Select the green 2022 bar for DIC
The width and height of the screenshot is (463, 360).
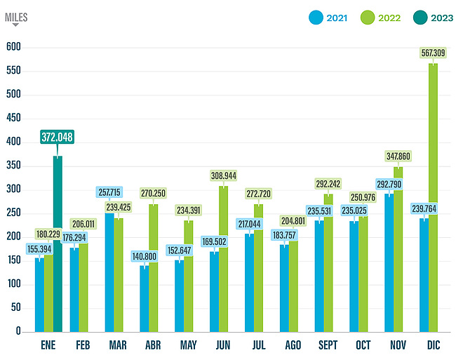[x=433, y=197]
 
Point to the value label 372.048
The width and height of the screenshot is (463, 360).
[x=58, y=138]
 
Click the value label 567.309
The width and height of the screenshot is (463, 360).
[x=433, y=52]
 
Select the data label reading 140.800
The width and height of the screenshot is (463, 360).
[x=145, y=256]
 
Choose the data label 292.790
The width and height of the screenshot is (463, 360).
[x=389, y=184]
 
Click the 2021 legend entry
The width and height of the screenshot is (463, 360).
[x=331, y=17]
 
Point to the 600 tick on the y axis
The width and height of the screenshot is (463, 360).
[x=13, y=47]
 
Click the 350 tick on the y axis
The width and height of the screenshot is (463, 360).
[x=13, y=166]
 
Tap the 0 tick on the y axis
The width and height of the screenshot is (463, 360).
[x=19, y=331]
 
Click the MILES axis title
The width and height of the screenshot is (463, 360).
[x=16, y=18]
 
